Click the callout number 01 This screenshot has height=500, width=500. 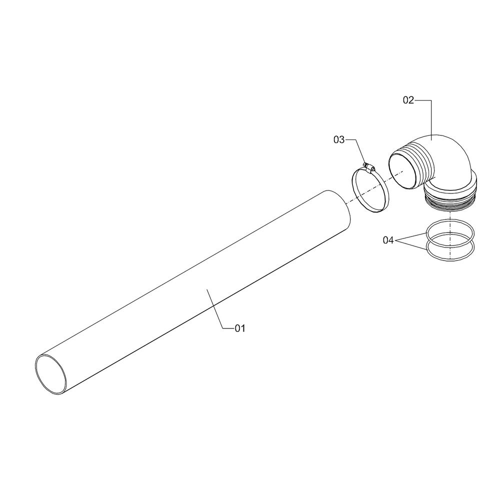click(240, 328)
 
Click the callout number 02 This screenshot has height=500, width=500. click(408, 100)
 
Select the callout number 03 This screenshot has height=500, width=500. click(339, 139)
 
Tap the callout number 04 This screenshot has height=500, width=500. click(388, 240)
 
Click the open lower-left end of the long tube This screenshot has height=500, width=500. click(51, 374)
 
